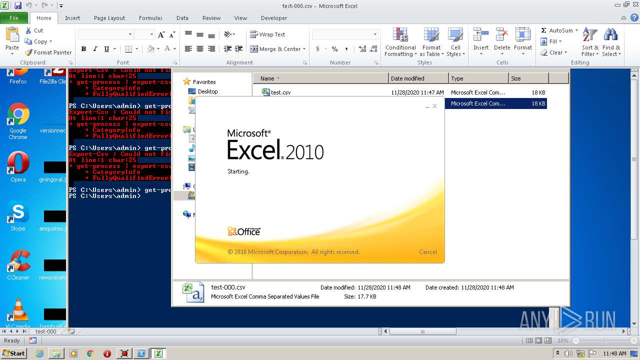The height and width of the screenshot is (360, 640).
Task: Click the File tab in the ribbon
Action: [13, 18]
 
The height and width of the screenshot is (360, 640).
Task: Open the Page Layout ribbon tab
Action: [109, 18]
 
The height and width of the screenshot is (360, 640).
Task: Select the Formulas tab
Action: [150, 18]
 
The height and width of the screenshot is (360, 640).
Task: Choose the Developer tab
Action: [274, 18]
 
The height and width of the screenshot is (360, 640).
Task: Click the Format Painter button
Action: [48, 52]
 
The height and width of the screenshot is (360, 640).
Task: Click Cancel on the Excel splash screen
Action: [427, 252]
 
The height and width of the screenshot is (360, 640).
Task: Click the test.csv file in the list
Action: [280, 92]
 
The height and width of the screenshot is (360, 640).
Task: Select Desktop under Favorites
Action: [207, 91]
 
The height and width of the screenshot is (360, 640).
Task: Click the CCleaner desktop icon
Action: [18, 265]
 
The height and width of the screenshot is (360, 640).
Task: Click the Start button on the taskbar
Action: [13, 353]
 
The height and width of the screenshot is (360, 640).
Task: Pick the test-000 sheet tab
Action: [45, 331]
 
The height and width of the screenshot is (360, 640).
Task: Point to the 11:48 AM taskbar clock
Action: [614, 353]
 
